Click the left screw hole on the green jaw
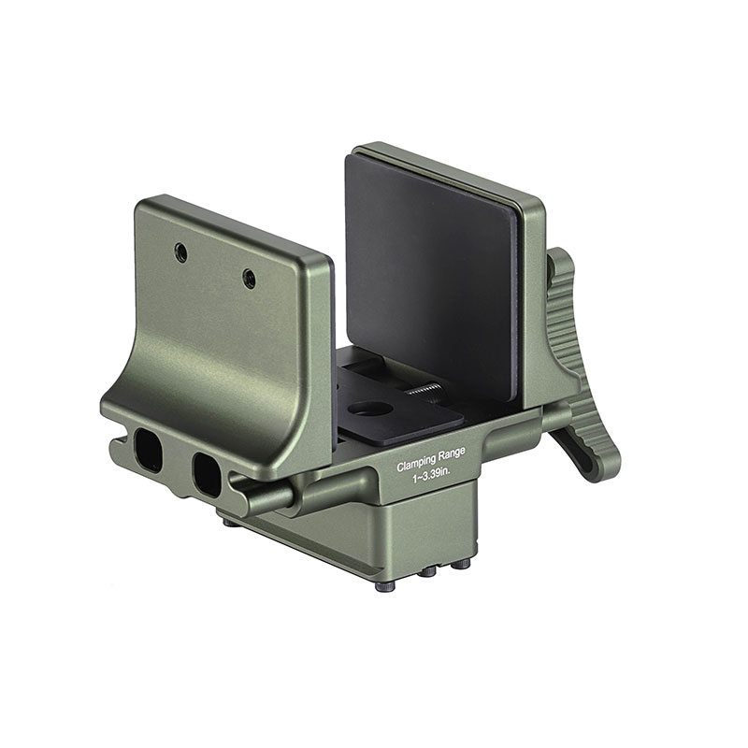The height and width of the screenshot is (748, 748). coord(180,252)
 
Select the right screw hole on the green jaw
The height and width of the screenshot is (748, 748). coord(249,278)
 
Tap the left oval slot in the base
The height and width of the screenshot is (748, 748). coord(148,450)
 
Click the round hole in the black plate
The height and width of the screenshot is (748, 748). coord(372,409)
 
